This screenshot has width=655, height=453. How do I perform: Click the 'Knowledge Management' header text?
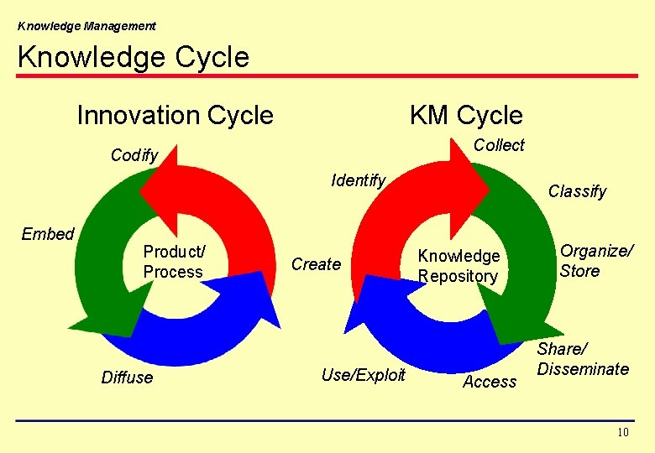pyautogui.click(x=86, y=26)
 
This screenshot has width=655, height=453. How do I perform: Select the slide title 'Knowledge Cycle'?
pyautogui.click(x=133, y=57)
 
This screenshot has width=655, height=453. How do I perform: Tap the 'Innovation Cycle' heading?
pyautogui.click(x=175, y=115)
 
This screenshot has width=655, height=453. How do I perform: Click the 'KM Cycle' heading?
pyautogui.click(x=465, y=115)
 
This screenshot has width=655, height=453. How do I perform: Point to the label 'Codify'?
pyautogui.click(x=134, y=155)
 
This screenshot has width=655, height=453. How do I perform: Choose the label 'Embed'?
pyautogui.click(x=48, y=234)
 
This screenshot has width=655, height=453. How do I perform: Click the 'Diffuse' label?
pyautogui.click(x=127, y=377)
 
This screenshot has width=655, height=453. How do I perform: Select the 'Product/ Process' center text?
pyautogui.click(x=173, y=262)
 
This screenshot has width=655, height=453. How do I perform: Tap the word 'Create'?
pyautogui.click(x=316, y=264)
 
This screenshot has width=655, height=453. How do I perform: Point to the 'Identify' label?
pyautogui.click(x=359, y=180)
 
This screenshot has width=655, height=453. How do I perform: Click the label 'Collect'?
pyautogui.click(x=499, y=145)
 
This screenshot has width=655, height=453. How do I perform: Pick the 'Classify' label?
pyautogui.click(x=577, y=191)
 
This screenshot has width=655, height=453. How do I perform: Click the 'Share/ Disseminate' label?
pyautogui.click(x=583, y=359)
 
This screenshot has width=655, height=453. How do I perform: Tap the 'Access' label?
pyautogui.click(x=490, y=382)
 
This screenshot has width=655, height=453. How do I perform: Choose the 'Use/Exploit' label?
pyautogui.click(x=363, y=375)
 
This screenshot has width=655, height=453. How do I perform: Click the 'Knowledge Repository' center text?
pyautogui.click(x=458, y=266)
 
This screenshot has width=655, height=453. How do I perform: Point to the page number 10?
pyautogui.click(x=622, y=433)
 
